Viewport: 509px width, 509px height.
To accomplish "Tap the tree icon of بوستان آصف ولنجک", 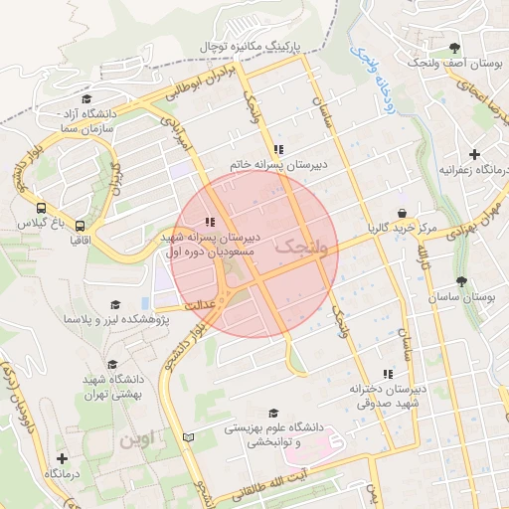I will pyautogui.click(x=455, y=47).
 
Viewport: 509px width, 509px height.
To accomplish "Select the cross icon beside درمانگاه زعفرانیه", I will pyautogui.click(x=475, y=154).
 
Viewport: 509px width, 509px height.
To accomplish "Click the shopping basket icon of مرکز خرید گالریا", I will pyautogui.click(x=402, y=213).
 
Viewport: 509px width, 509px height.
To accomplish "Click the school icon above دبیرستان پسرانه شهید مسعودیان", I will pyautogui.click(x=209, y=222).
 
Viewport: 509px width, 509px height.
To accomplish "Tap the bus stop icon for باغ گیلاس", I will pyautogui.click(x=41, y=209).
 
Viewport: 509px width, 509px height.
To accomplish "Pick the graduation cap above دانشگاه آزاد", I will pyautogui.click(x=86, y=99).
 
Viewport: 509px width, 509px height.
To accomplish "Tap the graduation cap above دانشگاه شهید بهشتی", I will pyautogui.click(x=112, y=365).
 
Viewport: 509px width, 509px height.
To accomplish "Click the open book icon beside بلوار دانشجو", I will pyautogui.click(x=189, y=436).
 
